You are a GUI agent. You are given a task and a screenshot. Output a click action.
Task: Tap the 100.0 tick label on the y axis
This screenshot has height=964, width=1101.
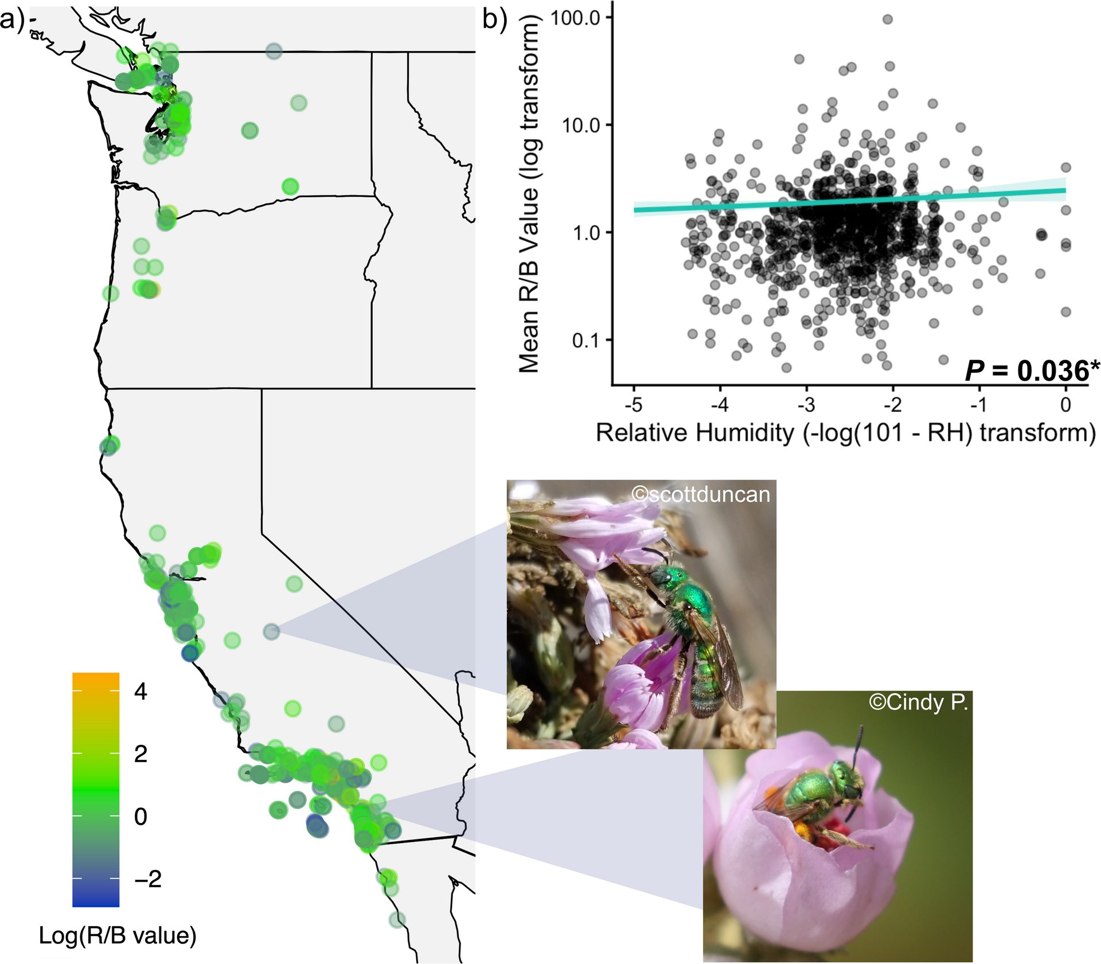pyautogui.click(x=575, y=18)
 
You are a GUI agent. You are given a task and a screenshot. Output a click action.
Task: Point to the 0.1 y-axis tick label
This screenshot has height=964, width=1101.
pyautogui.click(x=585, y=341)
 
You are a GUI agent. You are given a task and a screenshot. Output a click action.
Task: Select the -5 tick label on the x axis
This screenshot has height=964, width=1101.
pyautogui.click(x=634, y=405)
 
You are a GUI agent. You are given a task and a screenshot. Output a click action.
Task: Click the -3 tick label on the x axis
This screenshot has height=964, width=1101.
pyautogui.click(x=806, y=405)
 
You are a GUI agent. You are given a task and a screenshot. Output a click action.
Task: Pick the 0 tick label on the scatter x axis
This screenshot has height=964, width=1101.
pyautogui.click(x=1065, y=405)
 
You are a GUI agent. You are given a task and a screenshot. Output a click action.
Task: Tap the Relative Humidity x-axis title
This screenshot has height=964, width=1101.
pyautogui.click(x=846, y=433)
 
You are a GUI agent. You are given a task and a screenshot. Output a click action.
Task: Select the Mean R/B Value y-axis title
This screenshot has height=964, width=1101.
pyautogui.click(x=529, y=195)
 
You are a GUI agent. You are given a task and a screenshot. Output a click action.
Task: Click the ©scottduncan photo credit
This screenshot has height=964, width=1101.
pyautogui.click(x=700, y=494)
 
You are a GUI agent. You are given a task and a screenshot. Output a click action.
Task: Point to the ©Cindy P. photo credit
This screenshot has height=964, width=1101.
pyautogui.click(x=918, y=702)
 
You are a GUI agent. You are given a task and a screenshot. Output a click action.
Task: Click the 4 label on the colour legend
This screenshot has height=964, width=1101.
pyautogui.click(x=140, y=692)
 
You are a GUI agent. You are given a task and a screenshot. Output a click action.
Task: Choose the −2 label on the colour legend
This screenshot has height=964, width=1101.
pyautogui.click(x=148, y=879)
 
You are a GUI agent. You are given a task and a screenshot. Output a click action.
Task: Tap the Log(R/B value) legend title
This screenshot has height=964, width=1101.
pyautogui.click(x=118, y=935)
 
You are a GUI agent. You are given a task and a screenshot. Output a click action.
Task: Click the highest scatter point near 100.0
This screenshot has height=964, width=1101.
pyautogui.click(x=888, y=19)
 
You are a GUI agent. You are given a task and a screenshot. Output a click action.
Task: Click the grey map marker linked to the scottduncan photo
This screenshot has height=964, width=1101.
pyautogui.click(x=271, y=631)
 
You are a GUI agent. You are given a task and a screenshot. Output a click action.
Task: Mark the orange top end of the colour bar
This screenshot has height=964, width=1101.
pyautogui.click(x=96, y=678)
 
